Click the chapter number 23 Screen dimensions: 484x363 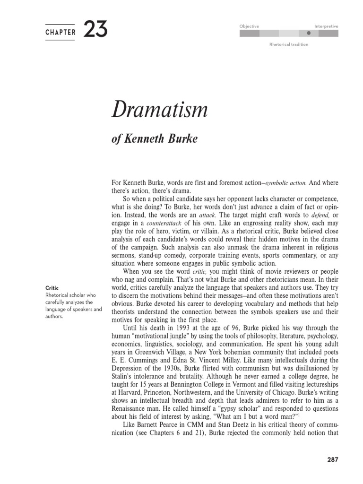click(x=95, y=30)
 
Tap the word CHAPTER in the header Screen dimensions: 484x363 click(x=60, y=33)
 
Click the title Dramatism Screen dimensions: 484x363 click(x=159, y=110)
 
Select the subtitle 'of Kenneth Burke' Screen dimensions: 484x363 click(x=154, y=139)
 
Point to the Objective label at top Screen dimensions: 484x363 click(x=249, y=26)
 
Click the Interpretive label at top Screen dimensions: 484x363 click(x=326, y=26)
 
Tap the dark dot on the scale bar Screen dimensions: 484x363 click(x=309, y=34)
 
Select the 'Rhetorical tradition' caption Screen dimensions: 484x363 click(x=288, y=44)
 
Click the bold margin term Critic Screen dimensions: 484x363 click(x=52, y=288)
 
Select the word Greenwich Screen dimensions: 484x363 click(x=150, y=352)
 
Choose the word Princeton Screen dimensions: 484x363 click(x=158, y=392)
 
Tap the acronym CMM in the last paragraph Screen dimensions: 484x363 click(x=195, y=424)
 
